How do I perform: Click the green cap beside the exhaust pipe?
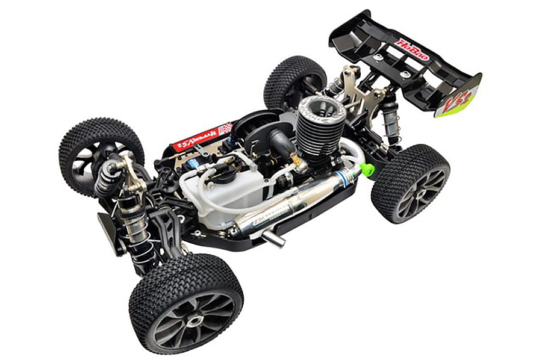click(x=366, y=169)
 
